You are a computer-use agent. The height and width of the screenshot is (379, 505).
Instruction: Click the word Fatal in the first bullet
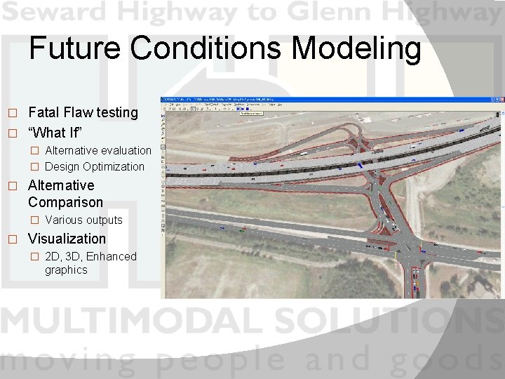[x=43, y=112]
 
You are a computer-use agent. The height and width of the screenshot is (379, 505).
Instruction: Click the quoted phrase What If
[x=56, y=132]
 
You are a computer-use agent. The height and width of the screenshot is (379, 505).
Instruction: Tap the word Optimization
[x=113, y=166]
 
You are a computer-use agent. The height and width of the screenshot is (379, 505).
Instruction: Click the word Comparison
[x=65, y=202]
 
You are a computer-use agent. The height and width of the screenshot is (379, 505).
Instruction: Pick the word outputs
[x=103, y=220]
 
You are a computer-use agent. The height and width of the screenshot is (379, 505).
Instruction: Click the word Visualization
[x=67, y=239]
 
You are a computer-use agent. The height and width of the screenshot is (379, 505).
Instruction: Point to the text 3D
[x=74, y=256]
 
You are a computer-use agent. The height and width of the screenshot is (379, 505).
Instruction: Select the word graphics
[x=66, y=270]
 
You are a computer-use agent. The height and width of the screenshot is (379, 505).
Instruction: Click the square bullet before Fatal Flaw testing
[x=11, y=113]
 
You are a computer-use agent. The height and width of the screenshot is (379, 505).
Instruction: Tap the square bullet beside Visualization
[x=11, y=239]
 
